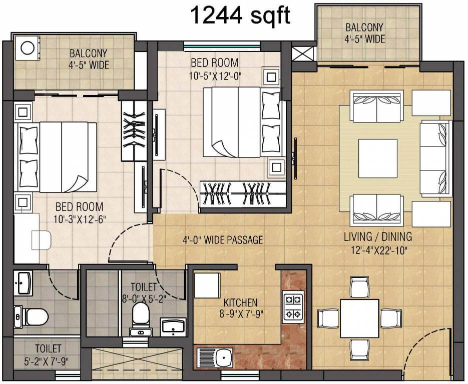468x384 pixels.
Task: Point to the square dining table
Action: [359, 318]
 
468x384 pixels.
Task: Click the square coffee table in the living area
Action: [378, 158]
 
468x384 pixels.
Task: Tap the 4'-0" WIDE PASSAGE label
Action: [222, 240]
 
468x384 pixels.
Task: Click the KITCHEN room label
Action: [240, 302]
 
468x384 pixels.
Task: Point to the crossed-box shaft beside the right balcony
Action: [304, 53]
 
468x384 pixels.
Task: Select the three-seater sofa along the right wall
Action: [435, 158]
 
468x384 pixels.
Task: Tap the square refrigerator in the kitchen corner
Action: [207, 285]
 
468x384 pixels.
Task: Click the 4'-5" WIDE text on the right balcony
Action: [364, 39]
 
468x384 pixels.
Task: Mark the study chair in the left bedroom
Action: [41, 240]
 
